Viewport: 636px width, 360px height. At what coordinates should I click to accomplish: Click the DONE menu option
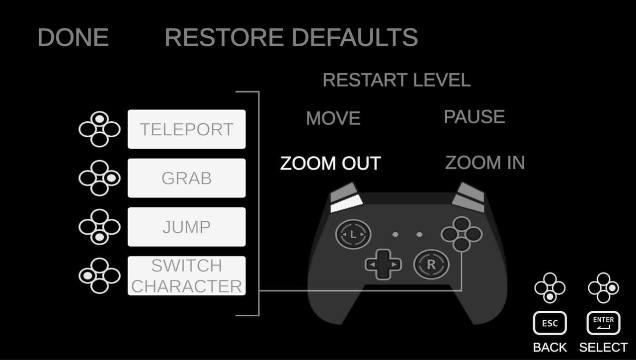click(73, 37)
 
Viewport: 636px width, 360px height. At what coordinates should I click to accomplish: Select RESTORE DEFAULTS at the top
click(291, 37)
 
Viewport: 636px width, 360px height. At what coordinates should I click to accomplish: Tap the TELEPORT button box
click(186, 129)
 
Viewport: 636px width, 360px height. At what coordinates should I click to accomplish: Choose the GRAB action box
click(186, 178)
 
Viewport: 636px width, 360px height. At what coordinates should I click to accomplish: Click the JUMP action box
click(186, 227)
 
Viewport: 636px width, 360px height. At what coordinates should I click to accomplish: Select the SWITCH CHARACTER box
click(186, 276)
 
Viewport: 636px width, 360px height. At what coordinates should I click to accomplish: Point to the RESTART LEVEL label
click(397, 80)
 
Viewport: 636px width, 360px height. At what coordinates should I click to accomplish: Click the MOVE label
click(333, 118)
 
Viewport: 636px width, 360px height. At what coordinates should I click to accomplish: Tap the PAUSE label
click(474, 116)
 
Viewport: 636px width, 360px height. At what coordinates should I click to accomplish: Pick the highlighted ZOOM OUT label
click(330, 164)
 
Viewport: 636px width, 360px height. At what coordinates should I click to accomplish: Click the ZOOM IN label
click(485, 163)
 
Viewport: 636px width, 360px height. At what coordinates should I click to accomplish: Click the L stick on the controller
click(353, 234)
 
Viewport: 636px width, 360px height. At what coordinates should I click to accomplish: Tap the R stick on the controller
click(431, 265)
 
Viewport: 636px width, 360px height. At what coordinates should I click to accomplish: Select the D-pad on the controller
click(383, 265)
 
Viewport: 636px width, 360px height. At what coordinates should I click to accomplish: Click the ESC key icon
click(550, 323)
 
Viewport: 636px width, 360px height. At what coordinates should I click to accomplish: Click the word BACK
click(550, 348)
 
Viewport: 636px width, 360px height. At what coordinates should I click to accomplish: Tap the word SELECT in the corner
click(603, 348)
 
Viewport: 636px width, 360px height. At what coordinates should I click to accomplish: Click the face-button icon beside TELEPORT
click(99, 129)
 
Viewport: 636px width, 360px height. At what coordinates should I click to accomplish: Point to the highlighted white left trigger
click(347, 204)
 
